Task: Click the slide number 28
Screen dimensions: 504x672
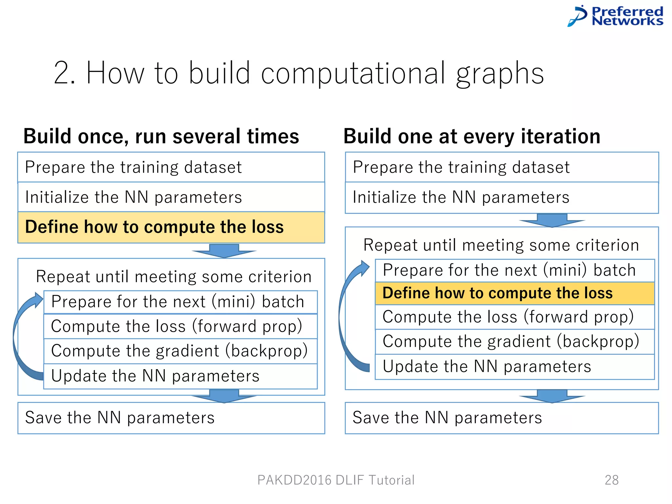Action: point(612,480)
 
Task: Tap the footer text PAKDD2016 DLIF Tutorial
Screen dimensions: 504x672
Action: point(336,480)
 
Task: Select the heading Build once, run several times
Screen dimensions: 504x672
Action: point(161,136)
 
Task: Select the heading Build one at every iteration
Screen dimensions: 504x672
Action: point(472,136)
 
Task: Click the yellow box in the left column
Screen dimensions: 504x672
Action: point(171,227)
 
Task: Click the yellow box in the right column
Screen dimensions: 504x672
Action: point(514,293)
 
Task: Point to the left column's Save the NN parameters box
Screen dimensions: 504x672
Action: point(171,418)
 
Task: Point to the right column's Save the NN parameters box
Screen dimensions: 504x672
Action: point(501,418)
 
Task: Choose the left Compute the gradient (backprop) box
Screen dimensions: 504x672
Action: point(180,351)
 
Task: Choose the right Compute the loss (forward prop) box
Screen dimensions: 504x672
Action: point(514,317)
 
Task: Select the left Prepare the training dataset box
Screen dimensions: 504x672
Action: point(171,167)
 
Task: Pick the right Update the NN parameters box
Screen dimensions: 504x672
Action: point(514,367)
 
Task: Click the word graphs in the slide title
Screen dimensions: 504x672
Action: point(500,74)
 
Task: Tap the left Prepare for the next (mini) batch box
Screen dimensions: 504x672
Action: point(180,302)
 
